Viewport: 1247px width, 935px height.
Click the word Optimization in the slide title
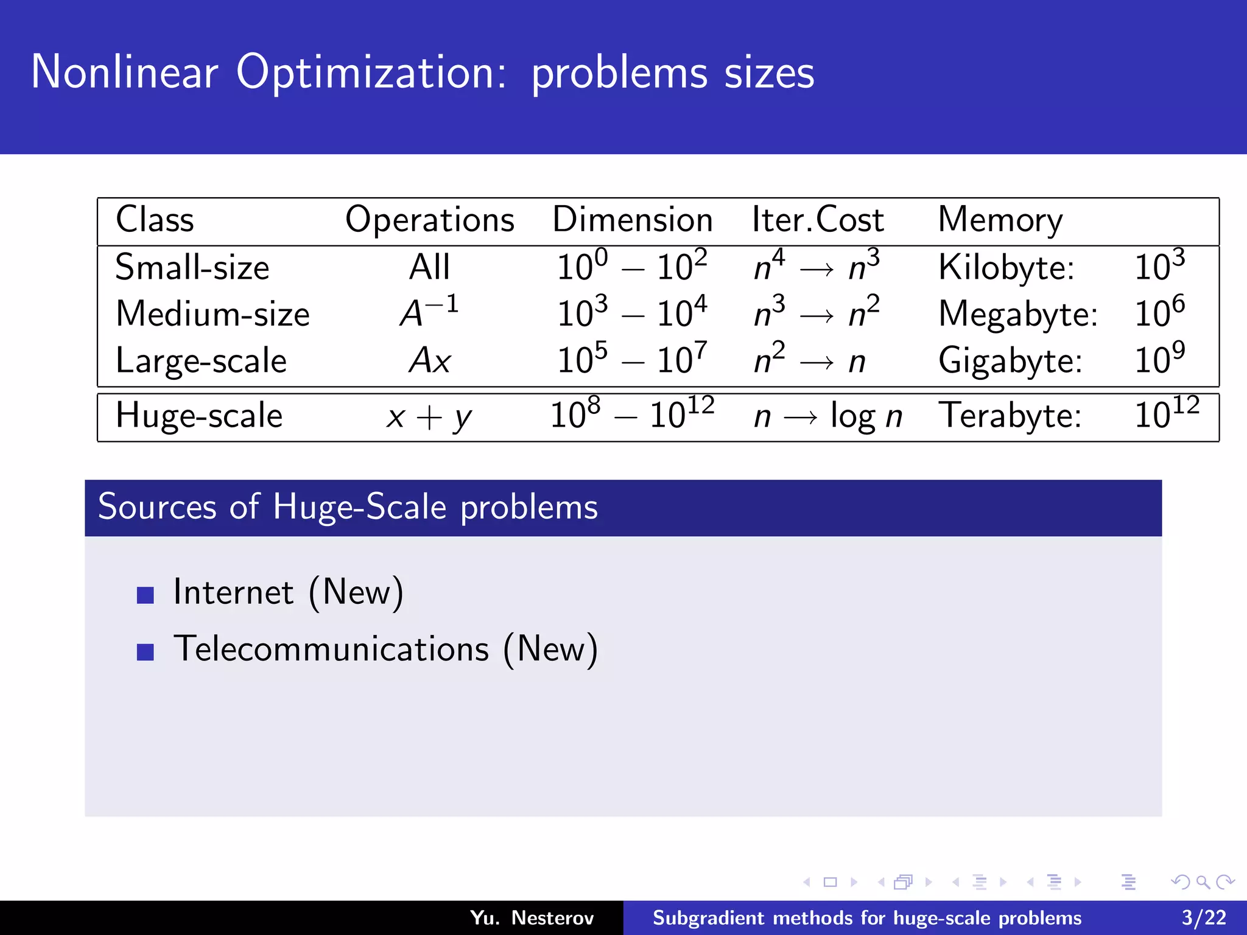[371, 73]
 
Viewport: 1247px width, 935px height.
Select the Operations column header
[430, 220]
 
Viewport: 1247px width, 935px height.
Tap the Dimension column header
[632, 220]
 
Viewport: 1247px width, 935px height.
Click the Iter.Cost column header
[817, 220]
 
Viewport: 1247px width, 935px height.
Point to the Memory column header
[1000, 220]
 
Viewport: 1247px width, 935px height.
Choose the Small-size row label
[192, 267]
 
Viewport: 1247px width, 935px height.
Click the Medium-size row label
[213, 314]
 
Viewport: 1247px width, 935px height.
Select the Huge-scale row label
[199, 416]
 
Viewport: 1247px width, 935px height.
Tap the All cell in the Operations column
[429, 267]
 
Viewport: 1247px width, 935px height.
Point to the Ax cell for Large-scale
[429, 360]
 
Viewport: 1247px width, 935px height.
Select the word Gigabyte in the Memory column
[1010, 360]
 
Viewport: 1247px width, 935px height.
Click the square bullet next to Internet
[146, 595]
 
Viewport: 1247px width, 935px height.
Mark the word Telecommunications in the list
[331, 649]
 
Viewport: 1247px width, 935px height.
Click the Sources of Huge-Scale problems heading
[348, 507]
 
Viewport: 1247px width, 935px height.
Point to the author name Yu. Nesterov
[532, 917]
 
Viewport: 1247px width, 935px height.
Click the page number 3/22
[1204, 917]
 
